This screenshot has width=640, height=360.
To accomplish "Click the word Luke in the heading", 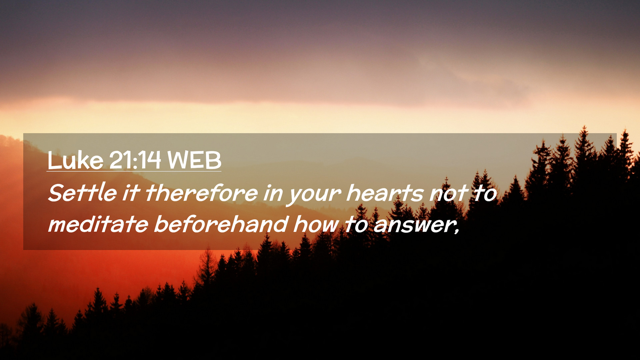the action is click(x=75, y=160).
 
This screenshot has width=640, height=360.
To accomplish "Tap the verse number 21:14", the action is click(x=135, y=160).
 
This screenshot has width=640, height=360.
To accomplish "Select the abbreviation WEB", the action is click(x=194, y=160).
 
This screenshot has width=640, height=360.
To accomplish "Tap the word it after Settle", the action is click(x=131, y=193).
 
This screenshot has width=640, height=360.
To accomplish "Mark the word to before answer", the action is click(x=356, y=224).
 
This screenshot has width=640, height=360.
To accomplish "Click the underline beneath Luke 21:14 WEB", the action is click(x=134, y=172).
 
